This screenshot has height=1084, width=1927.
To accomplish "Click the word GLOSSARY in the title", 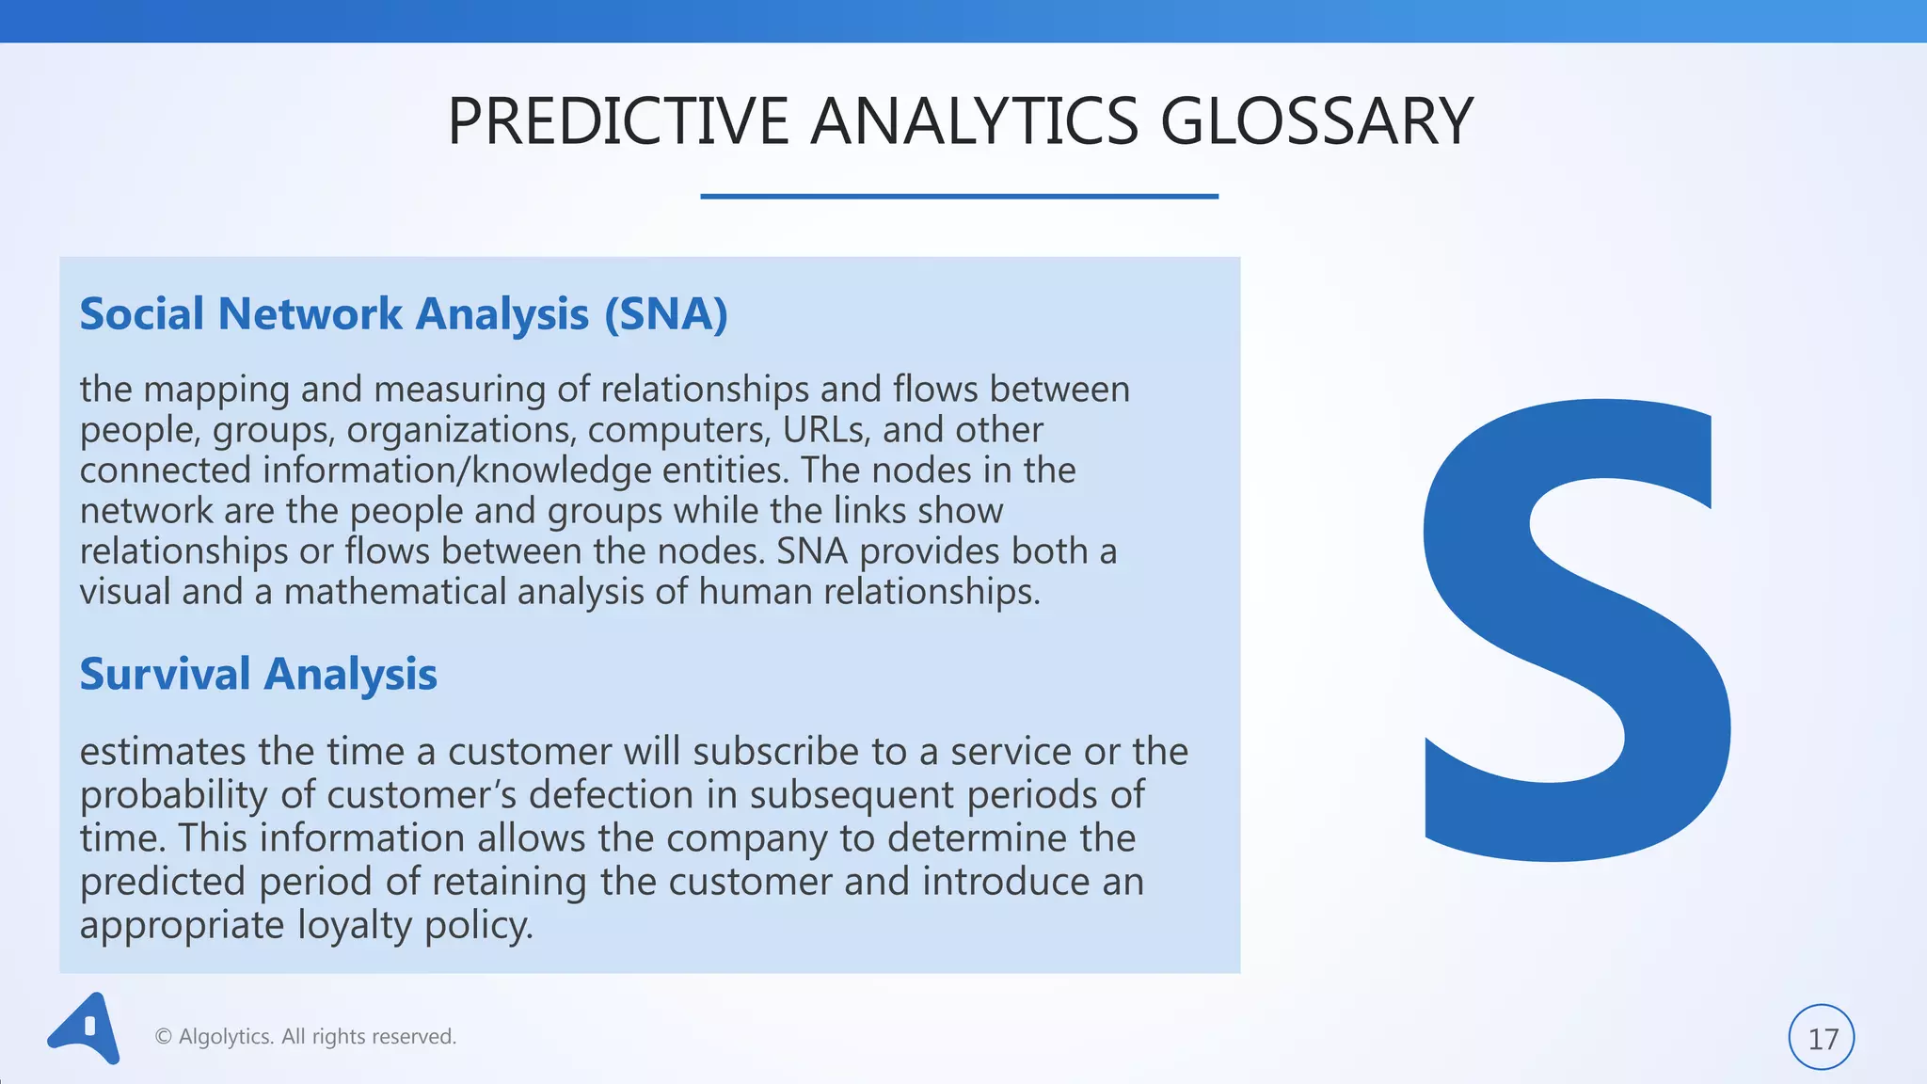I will tap(1315, 122).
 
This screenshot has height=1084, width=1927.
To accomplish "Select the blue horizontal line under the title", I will tap(959, 196).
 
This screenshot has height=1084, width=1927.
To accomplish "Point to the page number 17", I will tap(1822, 1038).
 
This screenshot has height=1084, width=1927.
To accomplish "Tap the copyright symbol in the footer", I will tap(163, 1037).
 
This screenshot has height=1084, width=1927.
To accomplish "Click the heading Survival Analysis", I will tap(258, 675).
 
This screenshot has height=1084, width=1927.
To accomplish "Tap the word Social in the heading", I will tap(141, 314).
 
